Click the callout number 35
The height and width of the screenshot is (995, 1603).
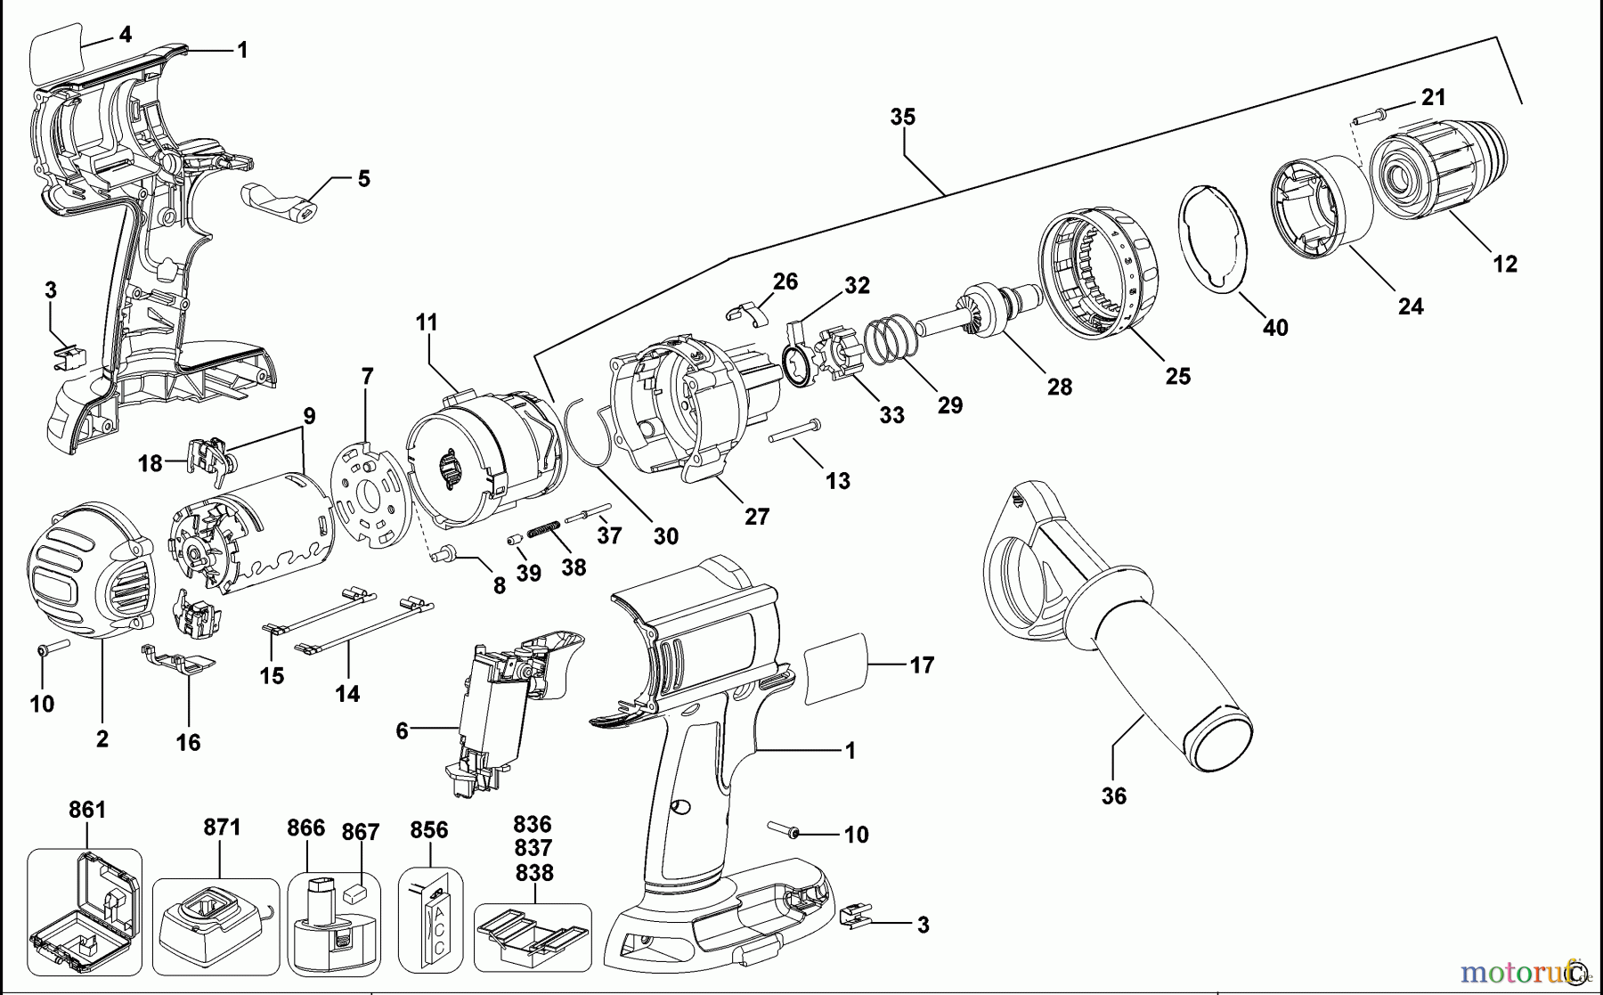(902, 118)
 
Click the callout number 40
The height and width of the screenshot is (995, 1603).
(1275, 328)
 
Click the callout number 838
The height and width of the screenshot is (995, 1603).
(533, 873)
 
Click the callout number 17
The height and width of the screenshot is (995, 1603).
(922, 665)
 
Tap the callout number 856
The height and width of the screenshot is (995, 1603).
(428, 830)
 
